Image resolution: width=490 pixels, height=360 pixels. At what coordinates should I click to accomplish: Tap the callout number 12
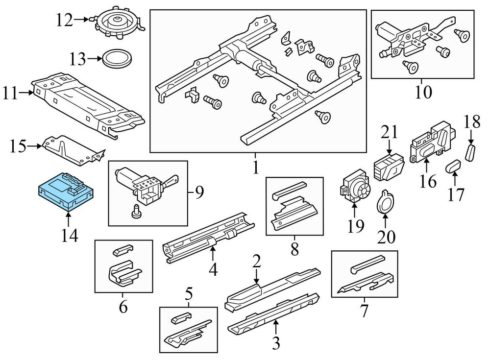coord(64,20)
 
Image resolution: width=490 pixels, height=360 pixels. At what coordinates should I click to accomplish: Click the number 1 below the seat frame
coord(255,168)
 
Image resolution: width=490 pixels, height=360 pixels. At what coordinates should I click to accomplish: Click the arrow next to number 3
coord(276,323)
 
